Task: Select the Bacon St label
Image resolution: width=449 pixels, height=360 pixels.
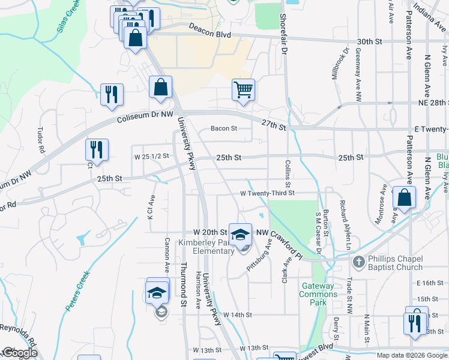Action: (224, 128)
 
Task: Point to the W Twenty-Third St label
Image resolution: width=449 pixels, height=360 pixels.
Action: (267, 193)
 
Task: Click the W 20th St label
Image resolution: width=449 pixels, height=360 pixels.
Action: (209, 232)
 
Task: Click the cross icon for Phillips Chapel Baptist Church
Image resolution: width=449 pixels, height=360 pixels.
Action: (358, 262)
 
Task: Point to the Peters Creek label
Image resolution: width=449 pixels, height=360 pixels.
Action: (77, 291)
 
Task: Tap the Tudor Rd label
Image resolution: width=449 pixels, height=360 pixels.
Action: (41, 140)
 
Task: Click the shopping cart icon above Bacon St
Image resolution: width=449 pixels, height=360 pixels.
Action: (243, 90)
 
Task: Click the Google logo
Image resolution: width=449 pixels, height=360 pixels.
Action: (19, 353)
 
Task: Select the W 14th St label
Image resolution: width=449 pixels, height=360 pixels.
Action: (237, 314)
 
